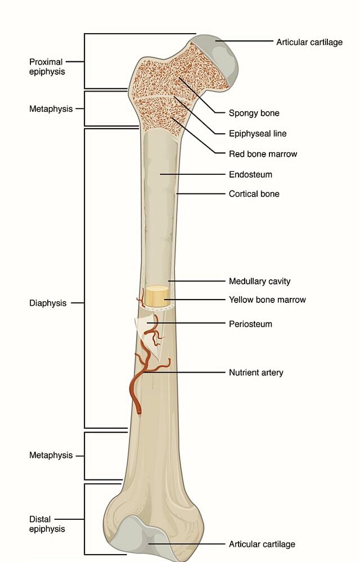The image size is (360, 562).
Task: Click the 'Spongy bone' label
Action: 254,114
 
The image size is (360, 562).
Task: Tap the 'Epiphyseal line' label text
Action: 258,134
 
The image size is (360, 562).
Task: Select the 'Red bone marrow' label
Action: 263,154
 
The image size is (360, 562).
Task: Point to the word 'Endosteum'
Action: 250,175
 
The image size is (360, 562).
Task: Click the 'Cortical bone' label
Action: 254,194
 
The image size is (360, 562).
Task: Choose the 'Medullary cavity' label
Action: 260,282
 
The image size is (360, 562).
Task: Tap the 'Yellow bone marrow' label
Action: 267,300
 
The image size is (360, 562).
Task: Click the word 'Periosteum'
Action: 250,324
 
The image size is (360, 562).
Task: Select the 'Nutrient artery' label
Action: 256,373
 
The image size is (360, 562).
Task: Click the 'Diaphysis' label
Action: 48,303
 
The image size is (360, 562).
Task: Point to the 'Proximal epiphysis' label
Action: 47,67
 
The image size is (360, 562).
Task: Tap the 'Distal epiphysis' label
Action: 47,524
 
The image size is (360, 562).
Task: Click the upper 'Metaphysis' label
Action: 51,109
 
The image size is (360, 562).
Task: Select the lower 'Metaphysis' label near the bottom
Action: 51,455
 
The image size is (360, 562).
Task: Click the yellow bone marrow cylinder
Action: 157,296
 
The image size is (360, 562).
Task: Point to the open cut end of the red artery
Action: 139,413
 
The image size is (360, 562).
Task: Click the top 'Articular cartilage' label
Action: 309,42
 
